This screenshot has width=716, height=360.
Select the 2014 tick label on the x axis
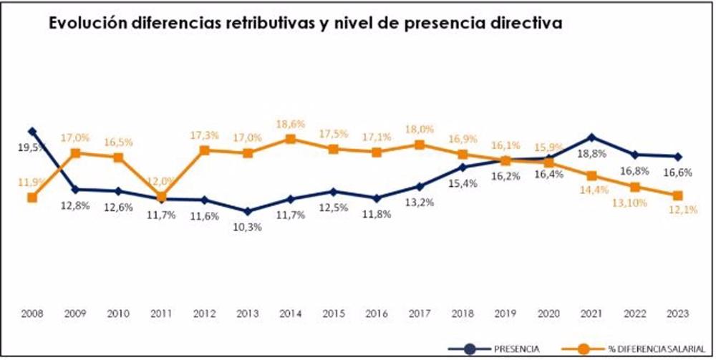[290, 313]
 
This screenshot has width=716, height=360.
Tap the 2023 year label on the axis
[678, 313]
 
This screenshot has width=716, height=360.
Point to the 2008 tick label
[32, 313]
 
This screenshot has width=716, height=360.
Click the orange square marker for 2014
[290, 139]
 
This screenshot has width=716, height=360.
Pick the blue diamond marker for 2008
[32, 132]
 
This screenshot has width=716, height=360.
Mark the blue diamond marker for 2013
[247, 211]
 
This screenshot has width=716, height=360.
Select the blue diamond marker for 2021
[591, 137]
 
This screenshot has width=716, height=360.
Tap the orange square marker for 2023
[677, 195]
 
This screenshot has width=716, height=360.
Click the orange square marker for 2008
[32, 198]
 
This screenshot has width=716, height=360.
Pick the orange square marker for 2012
[204, 150]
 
